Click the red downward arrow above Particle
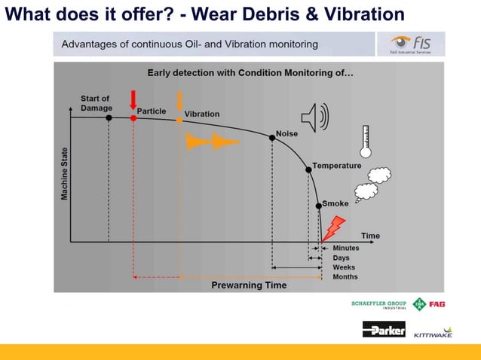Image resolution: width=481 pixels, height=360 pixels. pyautogui.click(x=133, y=100)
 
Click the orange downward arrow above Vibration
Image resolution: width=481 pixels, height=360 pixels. pyautogui.click(x=179, y=101)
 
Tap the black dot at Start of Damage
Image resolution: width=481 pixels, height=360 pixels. pyautogui.click(x=109, y=117)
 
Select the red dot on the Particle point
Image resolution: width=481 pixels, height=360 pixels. pyautogui.click(x=133, y=118)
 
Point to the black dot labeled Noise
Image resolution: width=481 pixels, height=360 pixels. pyautogui.click(x=272, y=137)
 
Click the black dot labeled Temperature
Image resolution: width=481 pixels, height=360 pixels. pyautogui.click(x=308, y=169)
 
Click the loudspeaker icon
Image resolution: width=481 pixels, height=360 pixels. pyautogui.click(x=315, y=117)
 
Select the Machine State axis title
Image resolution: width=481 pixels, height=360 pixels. pyautogui.click(x=65, y=173)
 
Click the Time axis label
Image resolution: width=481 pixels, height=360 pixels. pyautogui.click(x=370, y=236)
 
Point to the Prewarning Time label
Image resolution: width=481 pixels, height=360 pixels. pyautogui.click(x=249, y=285)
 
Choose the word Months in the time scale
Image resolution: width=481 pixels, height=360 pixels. pyautogui.click(x=345, y=277)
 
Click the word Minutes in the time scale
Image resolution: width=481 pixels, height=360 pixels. pyautogui.click(x=346, y=248)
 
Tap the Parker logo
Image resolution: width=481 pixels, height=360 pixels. pyautogui.click(x=384, y=329)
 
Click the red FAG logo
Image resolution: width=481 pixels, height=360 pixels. pyautogui.click(x=437, y=304)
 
